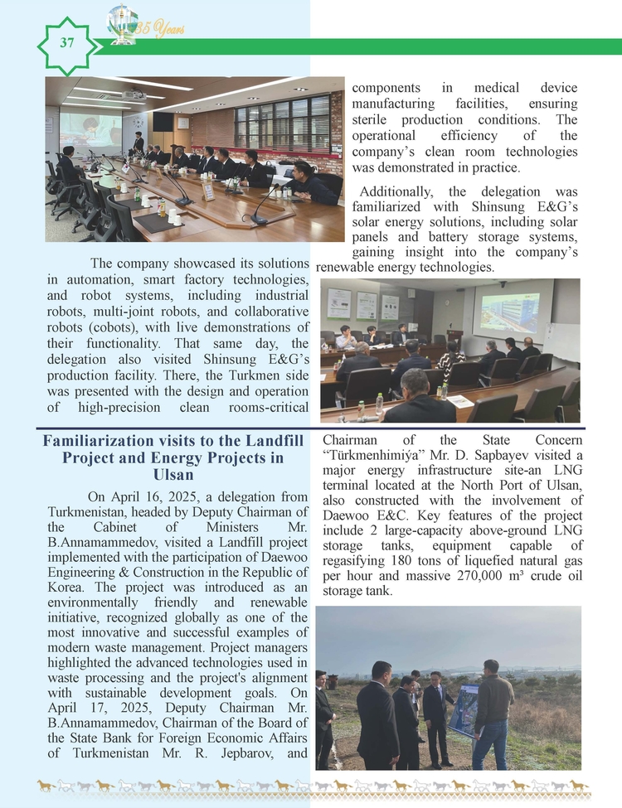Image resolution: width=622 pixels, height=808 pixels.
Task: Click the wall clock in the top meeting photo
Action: tap(183, 121)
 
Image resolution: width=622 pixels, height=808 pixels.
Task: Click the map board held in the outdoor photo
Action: tap(464, 709)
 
